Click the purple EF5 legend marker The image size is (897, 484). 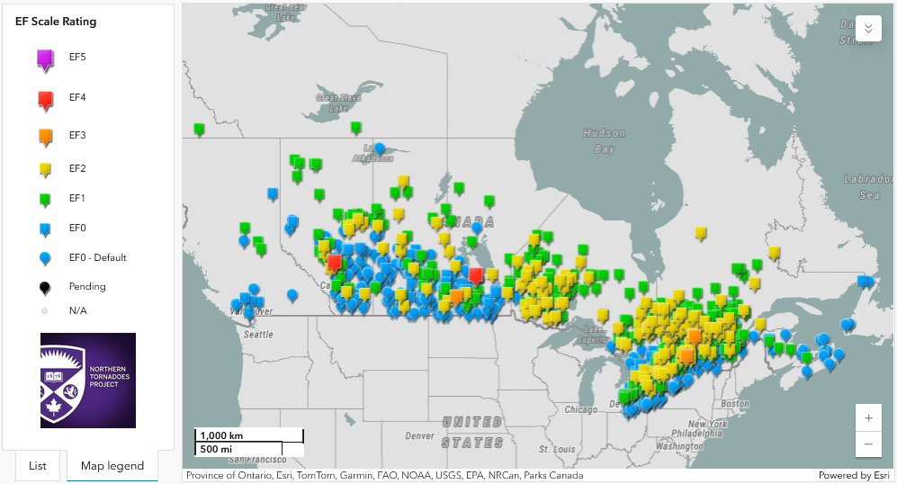tap(46, 59)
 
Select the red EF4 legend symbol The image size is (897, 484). tap(46, 99)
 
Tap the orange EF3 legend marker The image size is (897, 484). tap(46, 137)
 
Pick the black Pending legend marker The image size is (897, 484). tap(45, 287)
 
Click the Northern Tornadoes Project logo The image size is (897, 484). tap(88, 380)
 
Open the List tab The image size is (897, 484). tap(38, 465)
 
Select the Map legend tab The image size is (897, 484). tap(112, 465)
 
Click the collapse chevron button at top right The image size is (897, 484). tap(867, 28)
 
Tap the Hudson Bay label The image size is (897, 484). tap(604, 140)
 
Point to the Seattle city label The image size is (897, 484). tap(258, 334)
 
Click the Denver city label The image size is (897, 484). tap(419, 435)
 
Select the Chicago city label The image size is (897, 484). tap(580, 409)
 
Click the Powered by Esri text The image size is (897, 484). tap(854, 475)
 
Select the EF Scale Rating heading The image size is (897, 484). tap(56, 21)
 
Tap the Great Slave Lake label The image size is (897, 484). tap(332, 103)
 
